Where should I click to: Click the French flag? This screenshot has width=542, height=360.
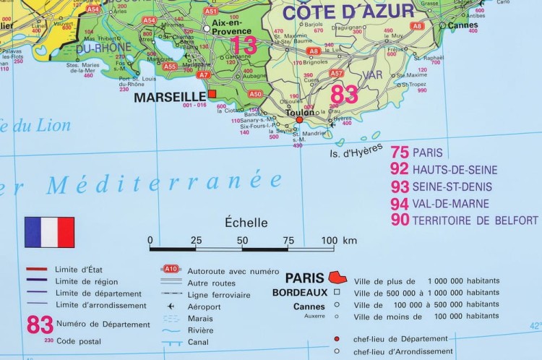coord(49,232)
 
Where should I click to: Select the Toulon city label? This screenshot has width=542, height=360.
coord(301,113)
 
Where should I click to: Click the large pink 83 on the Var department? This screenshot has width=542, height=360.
coord(344,94)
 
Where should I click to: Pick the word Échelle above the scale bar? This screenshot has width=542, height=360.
coord(246,223)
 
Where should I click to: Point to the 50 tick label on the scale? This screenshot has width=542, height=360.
coord(242,240)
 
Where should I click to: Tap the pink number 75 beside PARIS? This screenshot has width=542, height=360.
coord(400,153)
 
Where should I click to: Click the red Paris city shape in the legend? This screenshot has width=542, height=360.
coord(337,277)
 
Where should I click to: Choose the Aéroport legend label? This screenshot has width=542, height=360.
coord(204,307)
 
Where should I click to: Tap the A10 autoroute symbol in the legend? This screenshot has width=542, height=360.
coord(171,269)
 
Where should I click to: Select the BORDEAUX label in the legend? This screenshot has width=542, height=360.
coord(299,293)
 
